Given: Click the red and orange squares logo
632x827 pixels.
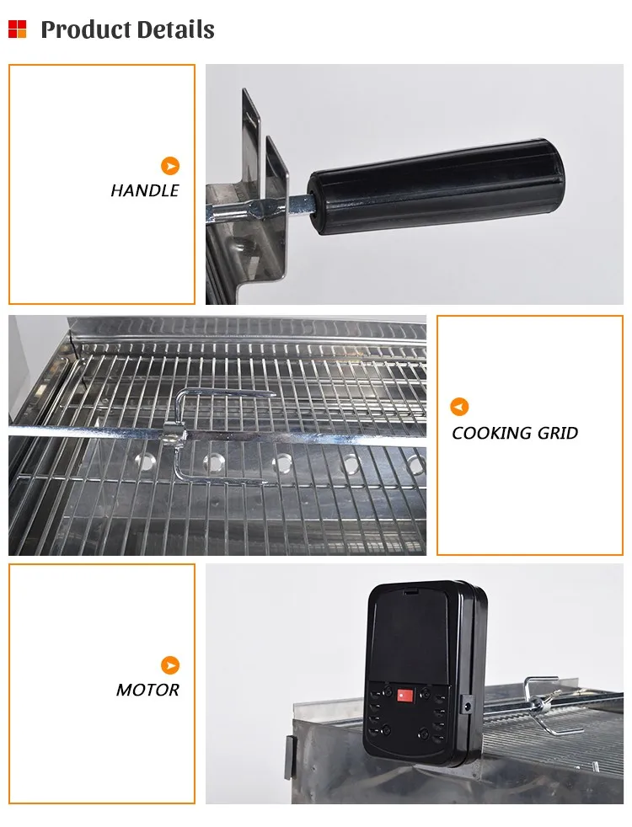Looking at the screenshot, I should tap(17, 29).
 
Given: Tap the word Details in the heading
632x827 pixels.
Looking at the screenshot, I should tap(172, 30).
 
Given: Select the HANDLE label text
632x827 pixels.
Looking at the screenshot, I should tap(145, 190).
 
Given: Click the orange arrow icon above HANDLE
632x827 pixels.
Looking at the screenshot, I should tap(170, 166).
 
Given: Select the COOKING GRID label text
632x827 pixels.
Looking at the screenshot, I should tap(515, 434).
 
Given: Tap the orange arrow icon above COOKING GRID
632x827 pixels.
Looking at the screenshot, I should tap(459, 408).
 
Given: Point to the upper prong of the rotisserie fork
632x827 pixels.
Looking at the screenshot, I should tap(228, 393).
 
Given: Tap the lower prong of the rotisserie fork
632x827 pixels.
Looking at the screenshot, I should tap(223, 481).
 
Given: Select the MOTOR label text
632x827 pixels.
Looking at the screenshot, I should tap(147, 690).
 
